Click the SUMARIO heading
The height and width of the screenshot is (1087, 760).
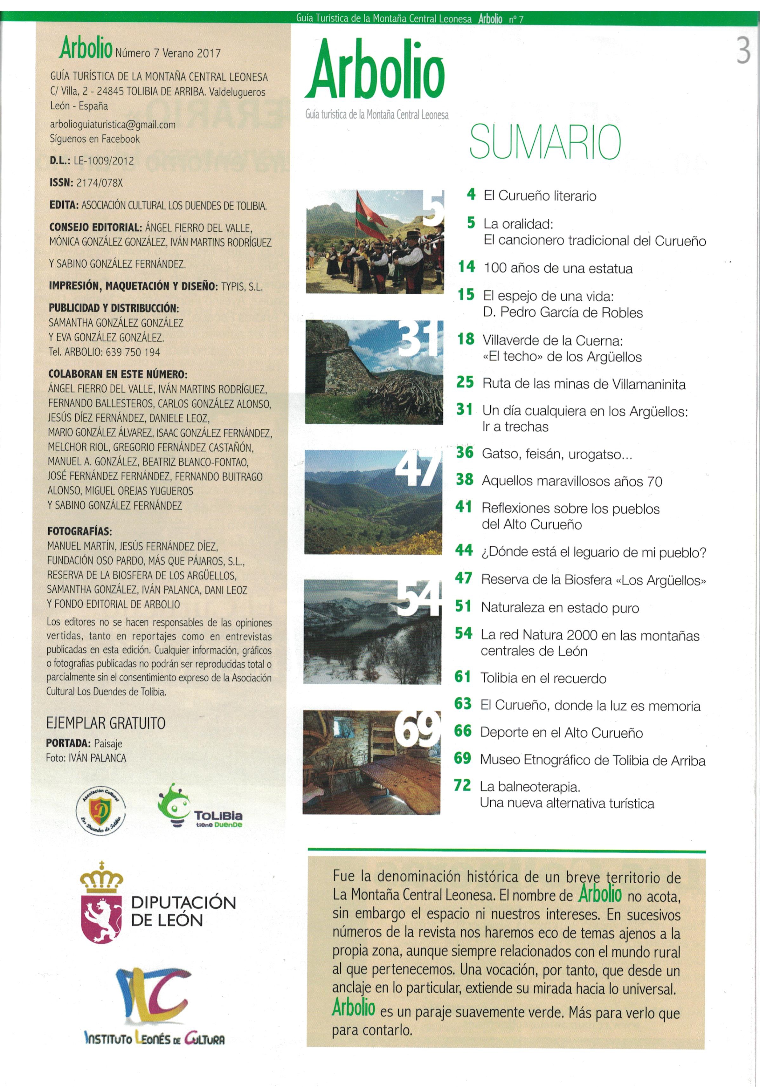click(x=544, y=142)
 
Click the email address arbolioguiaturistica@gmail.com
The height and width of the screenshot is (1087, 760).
click(x=113, y=125)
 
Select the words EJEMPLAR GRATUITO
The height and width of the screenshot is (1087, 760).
click(x=106, y=723)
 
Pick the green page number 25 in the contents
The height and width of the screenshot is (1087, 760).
click(x=465, y=382)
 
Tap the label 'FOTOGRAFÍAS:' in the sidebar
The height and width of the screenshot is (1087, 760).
click(x=79, y=531)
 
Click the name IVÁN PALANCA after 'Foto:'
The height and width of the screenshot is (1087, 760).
click(x=98, y=758)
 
